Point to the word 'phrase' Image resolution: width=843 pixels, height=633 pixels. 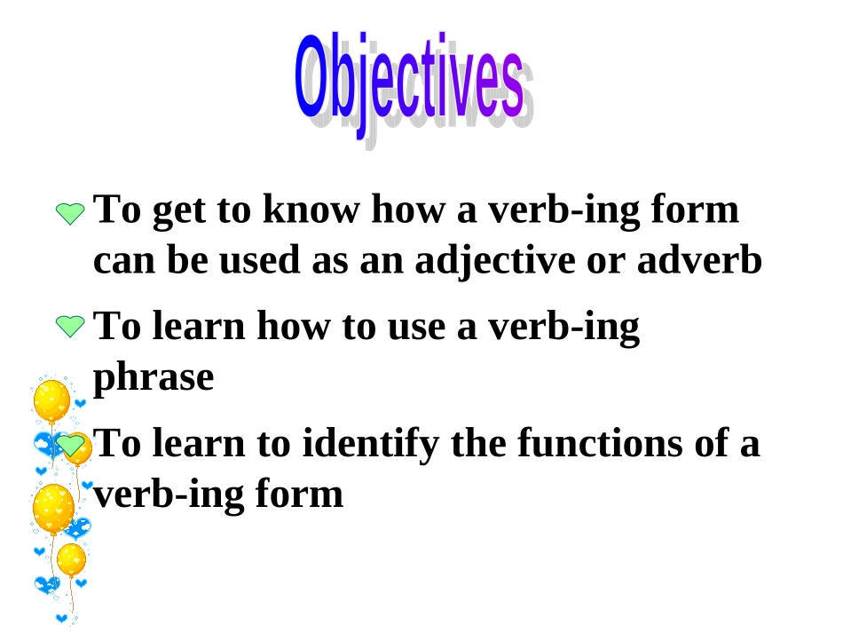click(154, 378)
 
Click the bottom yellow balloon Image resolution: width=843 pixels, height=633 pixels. click(71, 560)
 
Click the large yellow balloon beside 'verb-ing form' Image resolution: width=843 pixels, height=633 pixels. click(53, 508)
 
